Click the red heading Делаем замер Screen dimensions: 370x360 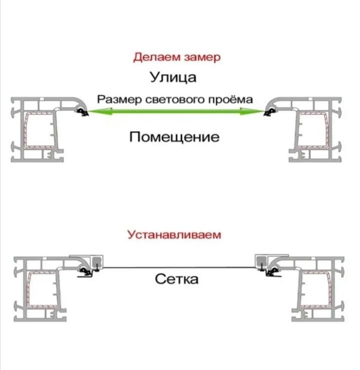177,57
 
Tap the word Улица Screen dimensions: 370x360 173,78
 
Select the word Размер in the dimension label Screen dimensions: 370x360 117,99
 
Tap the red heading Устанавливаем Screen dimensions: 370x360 174,235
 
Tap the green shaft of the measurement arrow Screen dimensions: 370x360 175,112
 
